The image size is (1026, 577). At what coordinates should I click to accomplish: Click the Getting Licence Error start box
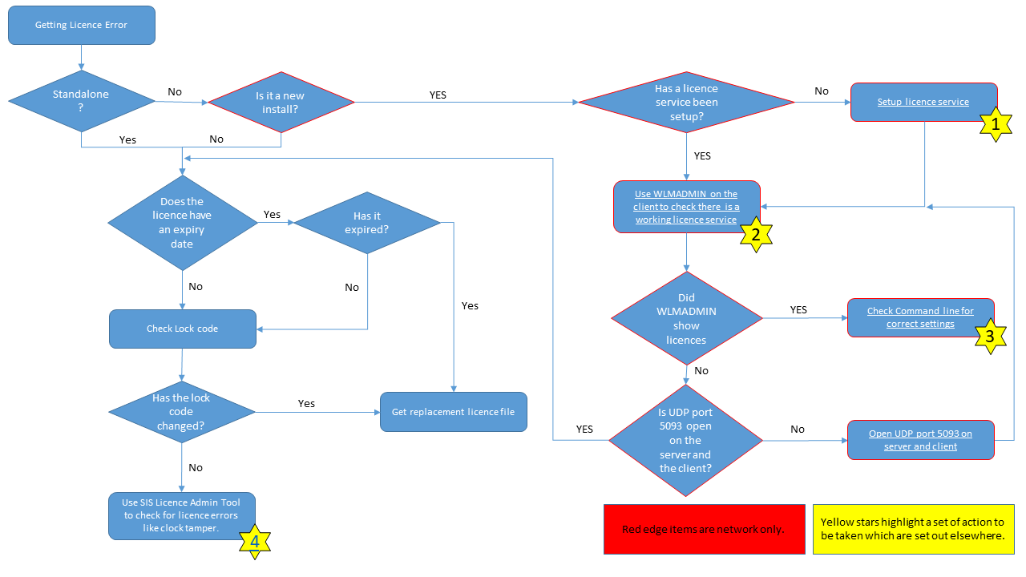pyautogui.click(x=81, y=25)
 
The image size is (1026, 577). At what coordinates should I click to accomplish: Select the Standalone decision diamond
pyautogui.click(x=81, y=101)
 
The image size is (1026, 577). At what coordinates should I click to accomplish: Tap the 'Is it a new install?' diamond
pyautogui.click(x=281, y=102)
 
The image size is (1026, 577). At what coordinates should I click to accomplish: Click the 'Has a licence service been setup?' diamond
pyautogui.click(x=686, y=102)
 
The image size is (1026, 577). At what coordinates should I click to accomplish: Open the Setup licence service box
pyautogui.click(x=923, y=102)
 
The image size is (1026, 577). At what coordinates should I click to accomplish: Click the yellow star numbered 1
pyautogui.click(x=996, y=124)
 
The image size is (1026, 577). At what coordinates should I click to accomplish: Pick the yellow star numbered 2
pyautogui.click(x=754, y=234)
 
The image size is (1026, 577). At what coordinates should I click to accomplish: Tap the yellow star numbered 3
pyautogui.click(x=990, y=337)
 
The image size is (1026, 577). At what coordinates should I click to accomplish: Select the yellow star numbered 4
pyautogui.click(x=254, y=541)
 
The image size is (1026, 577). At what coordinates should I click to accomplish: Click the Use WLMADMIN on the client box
pyautogui.click(x=686, y=206)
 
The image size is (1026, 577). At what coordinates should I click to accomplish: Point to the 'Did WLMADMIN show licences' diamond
pyautogui.click(x=686, y=319)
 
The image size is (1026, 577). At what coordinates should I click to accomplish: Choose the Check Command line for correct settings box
pyautogui.click(x=920, y=317)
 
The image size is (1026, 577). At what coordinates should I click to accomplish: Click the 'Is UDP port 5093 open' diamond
pyautogui.click(x=685, y=440)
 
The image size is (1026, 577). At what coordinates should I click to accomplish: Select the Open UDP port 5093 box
pyautogui.click(x=920, y=440)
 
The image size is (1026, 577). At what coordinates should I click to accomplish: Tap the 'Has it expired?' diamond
pyautogui.click(x=367, y=223)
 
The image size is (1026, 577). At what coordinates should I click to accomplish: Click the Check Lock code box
pyautogui.click(x=183, y=329)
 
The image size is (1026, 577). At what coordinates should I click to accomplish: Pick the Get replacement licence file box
pyautogui.click(x=453, y=412)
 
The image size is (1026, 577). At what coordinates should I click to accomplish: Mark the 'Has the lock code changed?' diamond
pyautogui.click(x=182, y=412)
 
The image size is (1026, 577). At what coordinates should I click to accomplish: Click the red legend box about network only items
pyautogui.click(x=704, y=529)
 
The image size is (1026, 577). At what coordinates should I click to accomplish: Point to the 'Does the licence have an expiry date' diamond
pyautogui.click(x=182, y=223)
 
